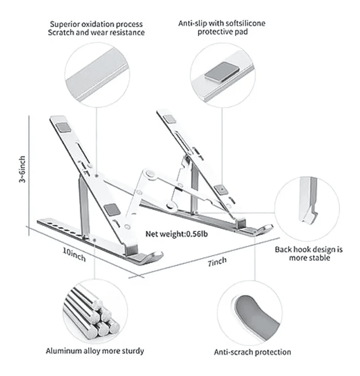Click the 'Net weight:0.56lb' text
coord(176,234)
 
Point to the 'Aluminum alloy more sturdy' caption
coord(95,350)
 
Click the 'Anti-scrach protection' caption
coord(252,352)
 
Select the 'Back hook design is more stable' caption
coord(309,253)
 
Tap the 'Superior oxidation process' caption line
coord(96,24)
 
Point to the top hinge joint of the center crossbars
coord(148,174)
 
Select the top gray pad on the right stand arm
coord(170,119)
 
